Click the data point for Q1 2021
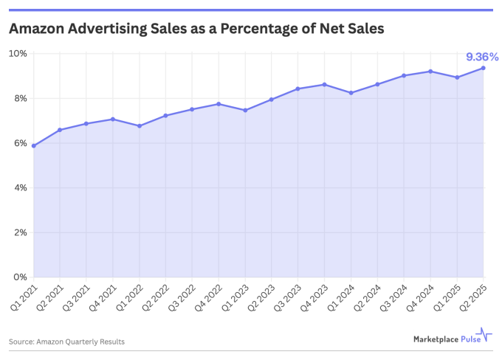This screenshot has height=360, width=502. (x=33, y=146)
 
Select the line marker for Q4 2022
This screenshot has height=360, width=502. (x=219, y=104)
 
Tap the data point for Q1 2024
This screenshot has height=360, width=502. (x=351, y=93)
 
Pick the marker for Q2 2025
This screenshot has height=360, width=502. (x=483, y=68)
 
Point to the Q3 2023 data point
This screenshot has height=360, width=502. (x=298, y=89)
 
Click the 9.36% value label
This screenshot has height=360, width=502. (x=481, y=56)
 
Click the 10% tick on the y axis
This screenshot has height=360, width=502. (x=18, y=54)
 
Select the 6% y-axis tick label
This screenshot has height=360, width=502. (x=20, y=143)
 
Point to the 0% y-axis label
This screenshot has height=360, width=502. (x=20, y=277)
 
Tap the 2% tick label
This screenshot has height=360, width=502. (x=20, y=232)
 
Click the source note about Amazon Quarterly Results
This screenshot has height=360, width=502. (x=66, y=342)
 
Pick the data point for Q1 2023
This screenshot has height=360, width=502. (x=245, y=110)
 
